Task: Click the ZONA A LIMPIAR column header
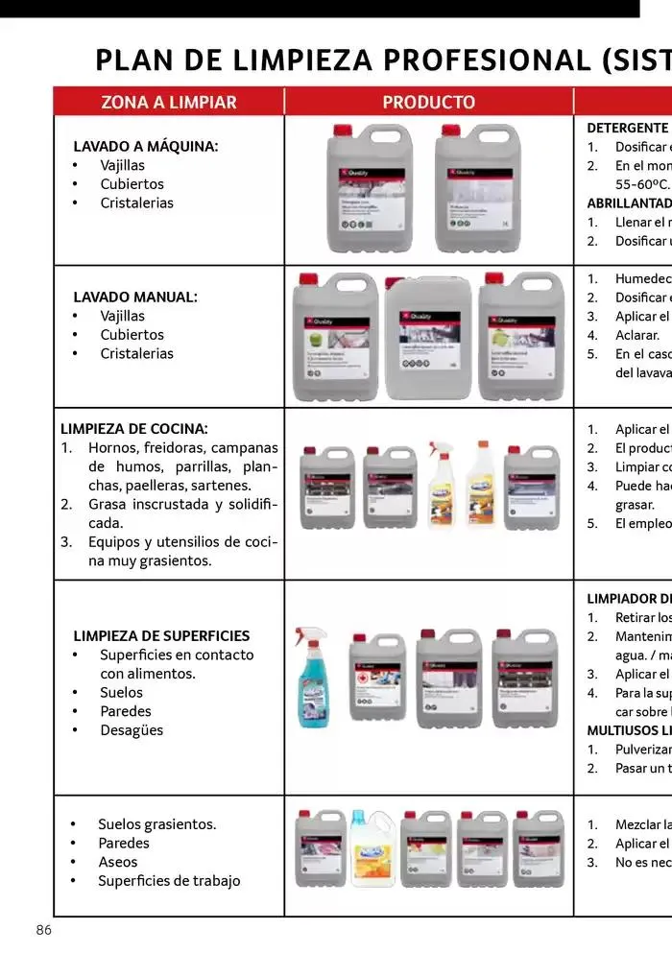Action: [x=168, y=102]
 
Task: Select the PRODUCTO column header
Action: [x=428, y=102]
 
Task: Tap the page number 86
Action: [x=43, y=930]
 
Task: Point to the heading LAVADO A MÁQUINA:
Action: [x=146, y=146]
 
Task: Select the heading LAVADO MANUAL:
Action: [x=135, y=297]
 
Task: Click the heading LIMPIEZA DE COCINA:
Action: [x=133, y=428]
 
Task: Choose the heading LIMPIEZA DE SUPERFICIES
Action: [x=161, y=635]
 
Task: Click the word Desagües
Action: [x=132, y=729]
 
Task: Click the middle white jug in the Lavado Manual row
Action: [x=428, y=338]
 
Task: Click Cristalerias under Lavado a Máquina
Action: [x=136, y=203]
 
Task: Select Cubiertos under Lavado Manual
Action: [x=132, y=334]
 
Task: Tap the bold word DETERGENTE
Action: [x=627, y=127]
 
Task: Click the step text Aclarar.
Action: [x=636, y=335]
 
